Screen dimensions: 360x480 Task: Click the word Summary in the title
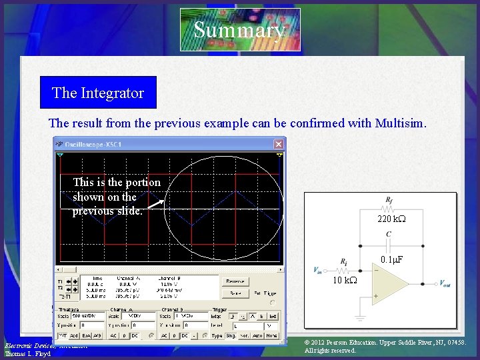239,30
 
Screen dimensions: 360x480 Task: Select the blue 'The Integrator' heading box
98,93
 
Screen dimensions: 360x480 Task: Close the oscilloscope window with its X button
278,144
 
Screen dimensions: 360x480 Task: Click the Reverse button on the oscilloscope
235,281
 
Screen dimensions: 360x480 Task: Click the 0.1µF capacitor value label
393,259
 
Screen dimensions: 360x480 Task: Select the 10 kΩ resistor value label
345,281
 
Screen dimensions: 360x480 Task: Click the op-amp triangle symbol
389,283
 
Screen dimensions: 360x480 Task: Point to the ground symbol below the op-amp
361,319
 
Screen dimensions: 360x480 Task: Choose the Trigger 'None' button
271,335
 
